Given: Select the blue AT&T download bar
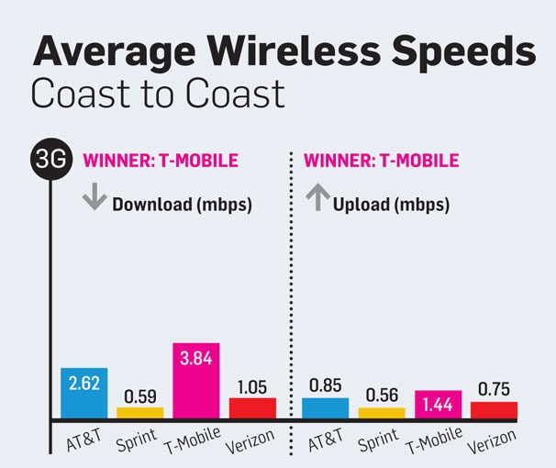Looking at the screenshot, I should tap(84, 393).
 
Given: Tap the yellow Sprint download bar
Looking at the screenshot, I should tap(140, 412).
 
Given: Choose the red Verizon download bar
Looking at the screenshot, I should tap(252, 407).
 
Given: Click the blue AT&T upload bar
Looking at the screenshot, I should tap(326, 407).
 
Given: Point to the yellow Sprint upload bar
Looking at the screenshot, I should tap(382, 412).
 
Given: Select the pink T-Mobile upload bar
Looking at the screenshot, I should tap(438, 404).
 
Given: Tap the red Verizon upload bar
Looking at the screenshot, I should tap(494, 408).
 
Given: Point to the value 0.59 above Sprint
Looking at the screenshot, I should tap(140, 396).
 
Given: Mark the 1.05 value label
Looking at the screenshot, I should tap(252, 386).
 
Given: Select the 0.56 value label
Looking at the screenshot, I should tap(382, 396).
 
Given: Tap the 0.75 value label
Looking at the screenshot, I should tap(494, 390).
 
